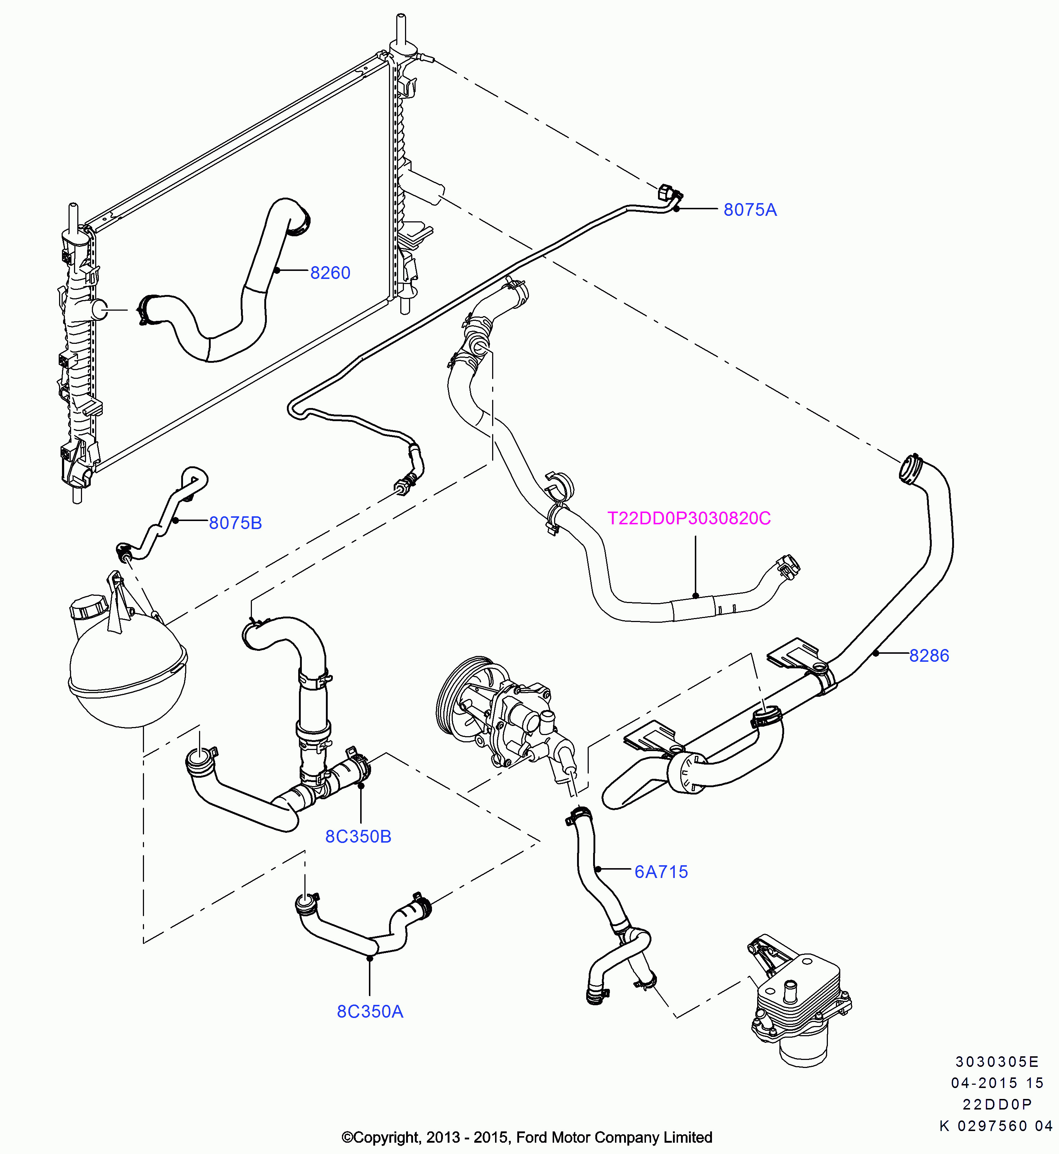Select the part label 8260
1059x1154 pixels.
coord(330,273)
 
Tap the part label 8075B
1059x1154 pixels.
coord(235,523)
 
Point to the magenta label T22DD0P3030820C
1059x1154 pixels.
coord(689,518)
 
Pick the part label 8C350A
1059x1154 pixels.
coord(370,1011)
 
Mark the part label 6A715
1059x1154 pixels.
coord(661,872)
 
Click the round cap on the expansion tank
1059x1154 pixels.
coord(89,606)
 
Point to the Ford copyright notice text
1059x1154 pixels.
coord(527,1137)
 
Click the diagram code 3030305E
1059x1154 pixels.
coord(997,1062)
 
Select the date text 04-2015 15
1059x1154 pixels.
coord(997,1083)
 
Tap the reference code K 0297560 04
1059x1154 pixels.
coord(996,1126)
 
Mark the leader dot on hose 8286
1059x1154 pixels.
coord(876,653)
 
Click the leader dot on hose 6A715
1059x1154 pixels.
coord(598,869)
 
